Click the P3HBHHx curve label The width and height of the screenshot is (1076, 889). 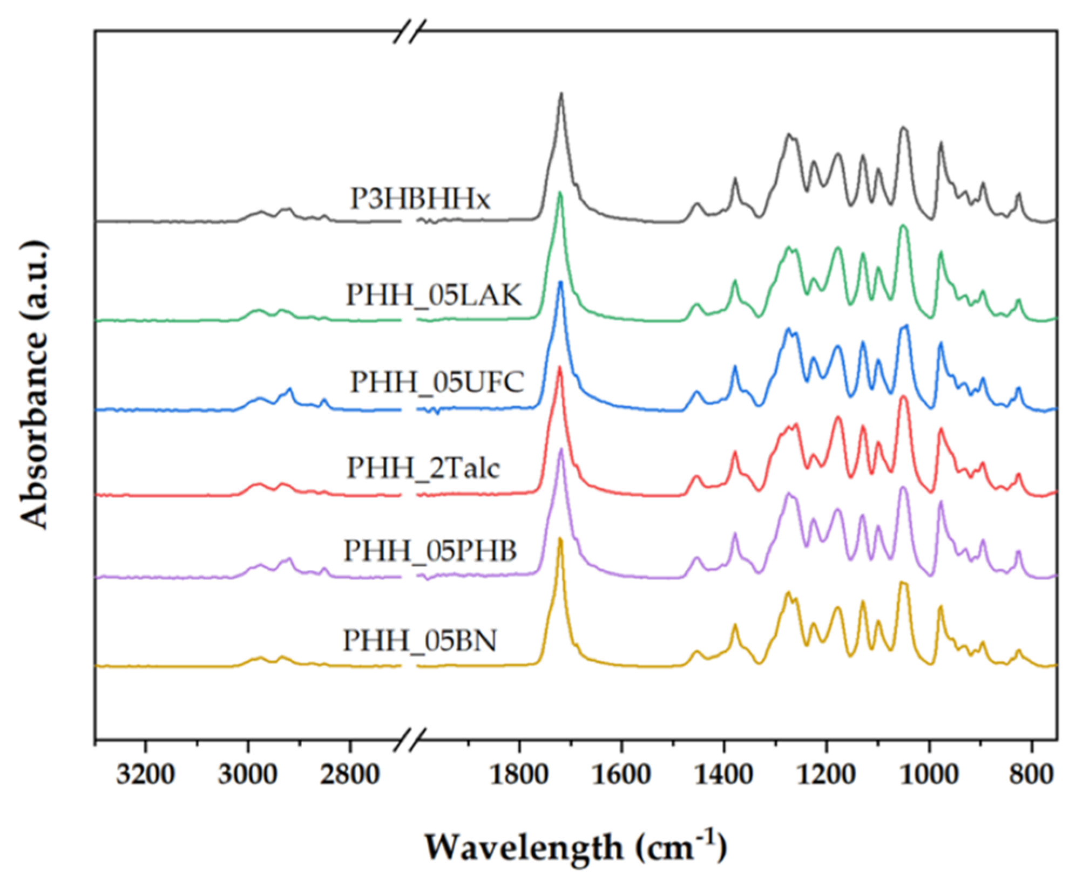tap(420, 199)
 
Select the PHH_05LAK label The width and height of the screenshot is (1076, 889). tap(434, 295)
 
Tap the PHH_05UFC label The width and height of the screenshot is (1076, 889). tap(437, 382)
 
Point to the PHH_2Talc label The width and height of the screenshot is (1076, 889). tap(423, 467)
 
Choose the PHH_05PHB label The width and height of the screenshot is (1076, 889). tap(430, 551)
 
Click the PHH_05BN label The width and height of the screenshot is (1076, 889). tap(419, 641)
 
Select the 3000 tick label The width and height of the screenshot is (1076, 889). tap(247, 775)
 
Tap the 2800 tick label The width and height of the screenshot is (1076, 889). tap(350, 775)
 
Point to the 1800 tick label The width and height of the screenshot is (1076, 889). tap(519, 775)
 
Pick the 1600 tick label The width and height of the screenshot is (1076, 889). tap(621, 775)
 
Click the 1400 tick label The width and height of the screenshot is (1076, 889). tap(724, 775)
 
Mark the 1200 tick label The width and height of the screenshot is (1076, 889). tap(826, 775)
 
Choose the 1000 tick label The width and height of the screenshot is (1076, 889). tap(929, 775)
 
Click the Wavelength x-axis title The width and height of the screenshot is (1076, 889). tap(576, 847)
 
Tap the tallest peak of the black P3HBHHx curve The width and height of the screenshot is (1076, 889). tap(561, 94)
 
